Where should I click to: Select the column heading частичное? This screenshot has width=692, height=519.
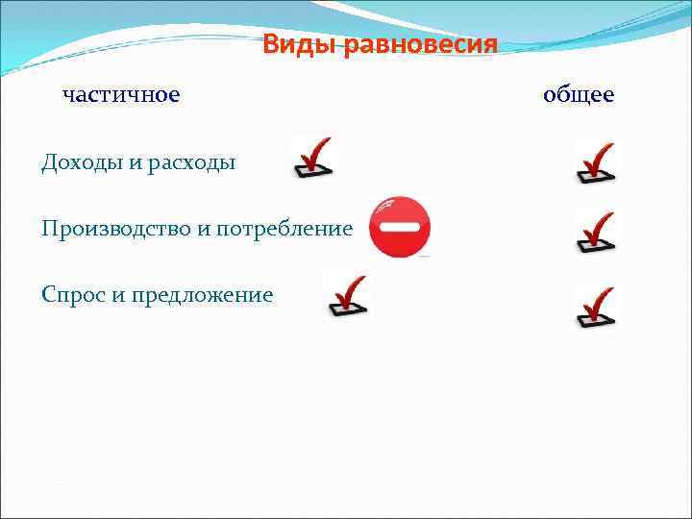tap(121, 95)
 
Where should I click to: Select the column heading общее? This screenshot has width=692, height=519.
tap(579, 95)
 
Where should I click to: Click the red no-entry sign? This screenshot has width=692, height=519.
tap(400, 227)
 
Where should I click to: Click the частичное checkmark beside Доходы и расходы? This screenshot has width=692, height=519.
tap(312, 158)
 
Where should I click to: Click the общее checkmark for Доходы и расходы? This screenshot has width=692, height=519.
tap(595, 162)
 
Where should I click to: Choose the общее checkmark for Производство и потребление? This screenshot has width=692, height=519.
tap(595, 234)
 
